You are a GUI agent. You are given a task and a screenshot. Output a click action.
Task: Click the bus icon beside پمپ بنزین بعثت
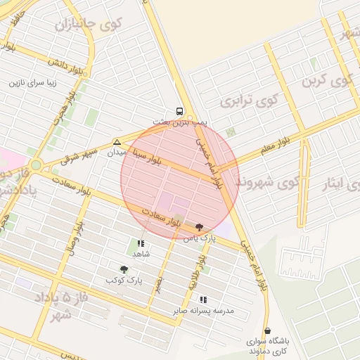(x=179, y=111)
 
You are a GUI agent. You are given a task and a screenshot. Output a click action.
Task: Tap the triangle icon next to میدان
(x=117, y=142)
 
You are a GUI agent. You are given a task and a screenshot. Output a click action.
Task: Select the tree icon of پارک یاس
(x=199, y=227)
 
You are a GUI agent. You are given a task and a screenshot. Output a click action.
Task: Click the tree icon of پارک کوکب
(x=124, y=269)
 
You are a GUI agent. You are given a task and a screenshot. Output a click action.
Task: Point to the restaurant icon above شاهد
(x=138, y=243)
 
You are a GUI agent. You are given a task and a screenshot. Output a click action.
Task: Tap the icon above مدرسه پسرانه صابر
(x=203, y=300)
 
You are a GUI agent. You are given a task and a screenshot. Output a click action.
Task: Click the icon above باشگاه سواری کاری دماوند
(x=267, y=330)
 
